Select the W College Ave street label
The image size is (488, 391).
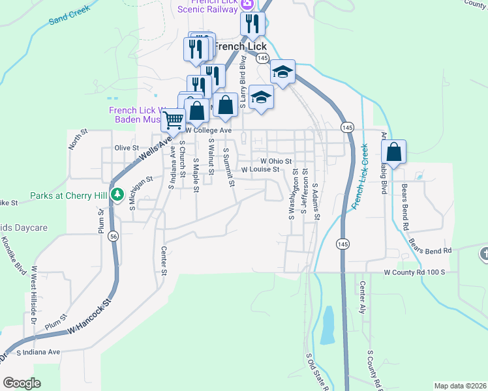pyautogui.click(x=209, y=130)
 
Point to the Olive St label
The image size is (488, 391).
pyautogui.click(x=127, y=149)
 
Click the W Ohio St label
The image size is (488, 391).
pyautogui.click(x=276, y=160)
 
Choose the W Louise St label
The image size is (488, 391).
pyautogui.click(x=260, y=169)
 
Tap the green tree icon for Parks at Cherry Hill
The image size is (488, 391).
pyautogui.click(x=117, y=194)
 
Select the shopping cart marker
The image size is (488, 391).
pyautogui.click(x=172, y=120)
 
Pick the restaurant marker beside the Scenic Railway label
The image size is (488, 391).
pyautogui.click(x=252, y=25)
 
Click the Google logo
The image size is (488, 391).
pyautogui.click(x=22, y=383)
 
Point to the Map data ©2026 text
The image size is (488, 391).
pyautogui.click(x=460, y=386)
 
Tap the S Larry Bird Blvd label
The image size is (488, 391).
pyautogui.click(x=243, y=81)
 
